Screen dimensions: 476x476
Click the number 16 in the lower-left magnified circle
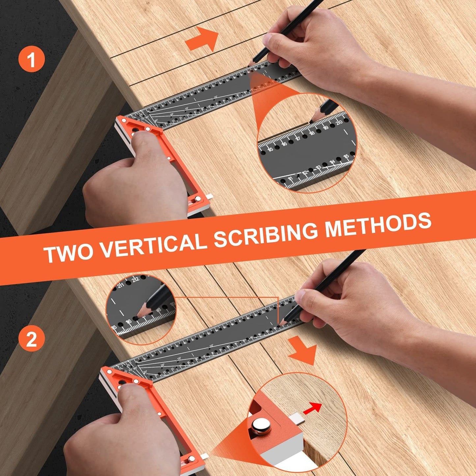tap(128, 322)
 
